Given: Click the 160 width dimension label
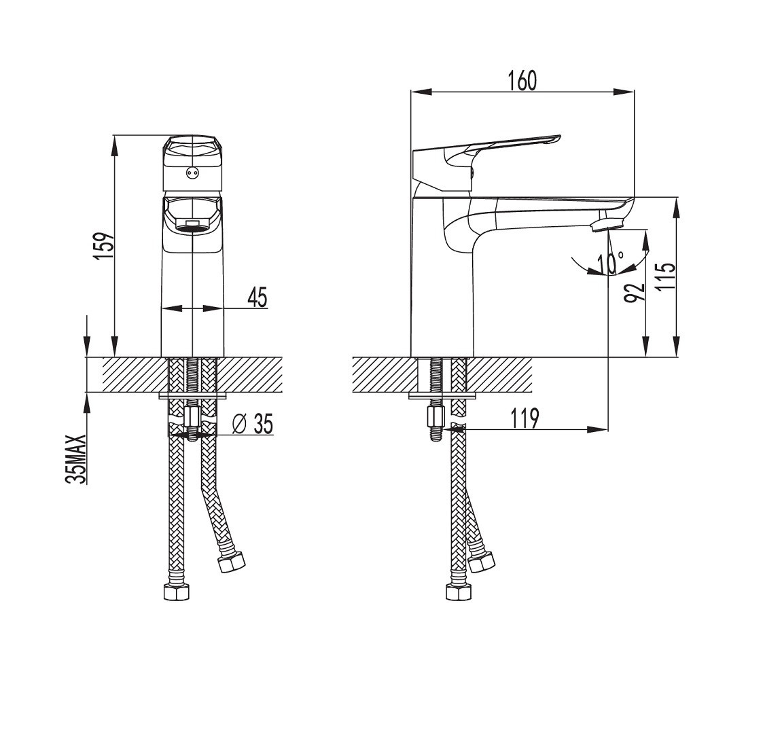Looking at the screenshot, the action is click(x=523, y=80).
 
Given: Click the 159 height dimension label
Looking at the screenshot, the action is click(x=105, y=246).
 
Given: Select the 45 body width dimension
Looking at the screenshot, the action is click(x=258, y=296).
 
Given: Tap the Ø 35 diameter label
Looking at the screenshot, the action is click(x=253, y=424).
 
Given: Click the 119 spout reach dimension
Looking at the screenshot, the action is click(x=525, y=419).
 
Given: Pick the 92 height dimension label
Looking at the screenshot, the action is click(x=633, y=291).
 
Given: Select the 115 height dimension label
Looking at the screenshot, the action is click(x=665, y=277).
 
